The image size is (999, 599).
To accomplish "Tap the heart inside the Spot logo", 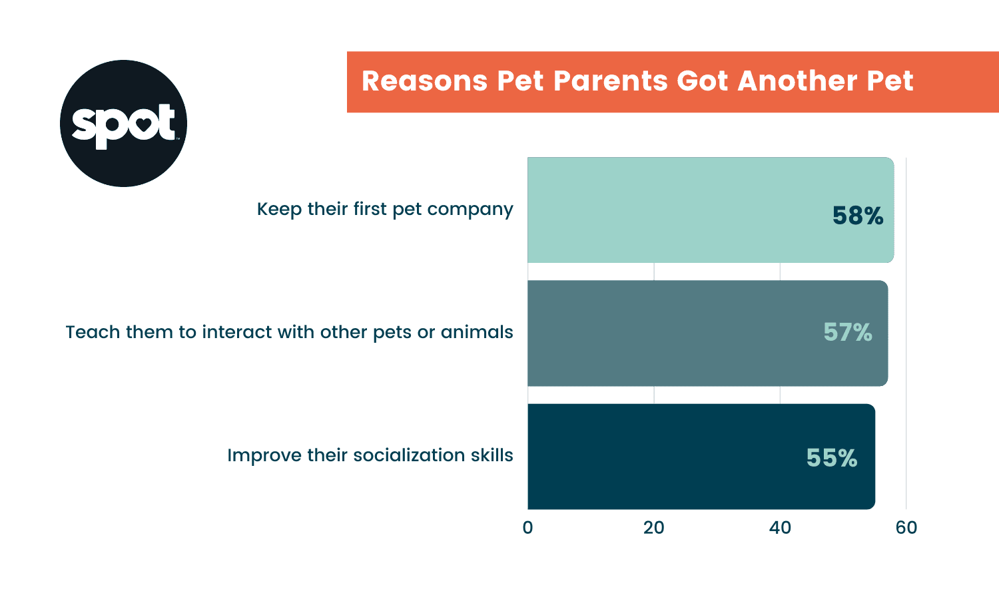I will click(x=144, y=124).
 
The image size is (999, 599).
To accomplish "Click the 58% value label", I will click(x=857, y=216).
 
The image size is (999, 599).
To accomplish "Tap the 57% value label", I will click(x=847, y=332).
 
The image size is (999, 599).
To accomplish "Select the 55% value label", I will click(x=831, y=458).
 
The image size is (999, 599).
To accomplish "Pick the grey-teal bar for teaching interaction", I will click(x=666, y=333).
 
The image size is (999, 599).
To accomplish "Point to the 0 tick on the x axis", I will click(x=527, y=528).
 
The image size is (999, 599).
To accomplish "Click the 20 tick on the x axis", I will click(x=653, y=528).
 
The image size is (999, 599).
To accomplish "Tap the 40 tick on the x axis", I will click(x=780, y=528).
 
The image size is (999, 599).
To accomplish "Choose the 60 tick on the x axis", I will click(x=906, y=528).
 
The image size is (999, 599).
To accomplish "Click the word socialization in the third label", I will click(x=409, y=455).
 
